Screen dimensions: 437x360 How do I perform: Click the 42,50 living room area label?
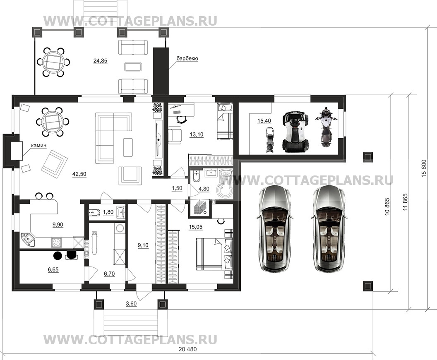click(x=79, y=174)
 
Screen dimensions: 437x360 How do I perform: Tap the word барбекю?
click(x=187, y=58)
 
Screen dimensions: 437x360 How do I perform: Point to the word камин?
click(x=39, y=146)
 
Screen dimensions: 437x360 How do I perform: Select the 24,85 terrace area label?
click(x=100, y=61)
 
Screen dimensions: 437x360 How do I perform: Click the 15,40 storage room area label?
click(x=264, y=121)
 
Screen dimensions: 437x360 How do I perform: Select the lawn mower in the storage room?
click(x=269, y=140)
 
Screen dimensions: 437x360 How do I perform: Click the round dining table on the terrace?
click(x=53, y=62)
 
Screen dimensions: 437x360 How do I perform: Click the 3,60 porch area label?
click(x=131, y=303)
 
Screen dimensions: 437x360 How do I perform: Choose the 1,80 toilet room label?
click(x=108, y=212)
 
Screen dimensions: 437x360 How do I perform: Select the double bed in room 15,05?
click(x=214, y=254)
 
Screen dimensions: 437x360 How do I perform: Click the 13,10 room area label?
click(x=197, y=134)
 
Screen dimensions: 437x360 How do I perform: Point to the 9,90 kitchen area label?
click(x=58, y=225)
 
